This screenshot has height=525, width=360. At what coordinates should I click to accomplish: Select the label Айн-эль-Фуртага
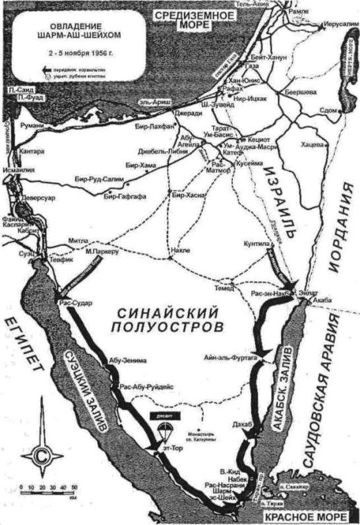pyautogui.click(x=231, y=356)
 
